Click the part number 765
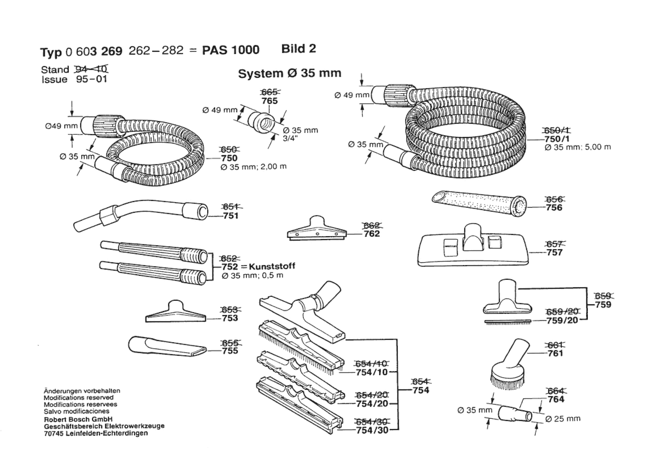point(270,101)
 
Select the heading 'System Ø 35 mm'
point(290,74)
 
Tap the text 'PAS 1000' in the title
point(231,50)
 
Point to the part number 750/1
point(557,139)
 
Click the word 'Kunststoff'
point(272,266)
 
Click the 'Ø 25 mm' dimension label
point(563,419)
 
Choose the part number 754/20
point(372,403)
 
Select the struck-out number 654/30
point(372,422)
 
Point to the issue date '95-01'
point(91,79)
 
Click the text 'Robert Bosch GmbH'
point(78,419)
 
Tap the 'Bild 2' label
point(299,49)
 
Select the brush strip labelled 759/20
point(508,322)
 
